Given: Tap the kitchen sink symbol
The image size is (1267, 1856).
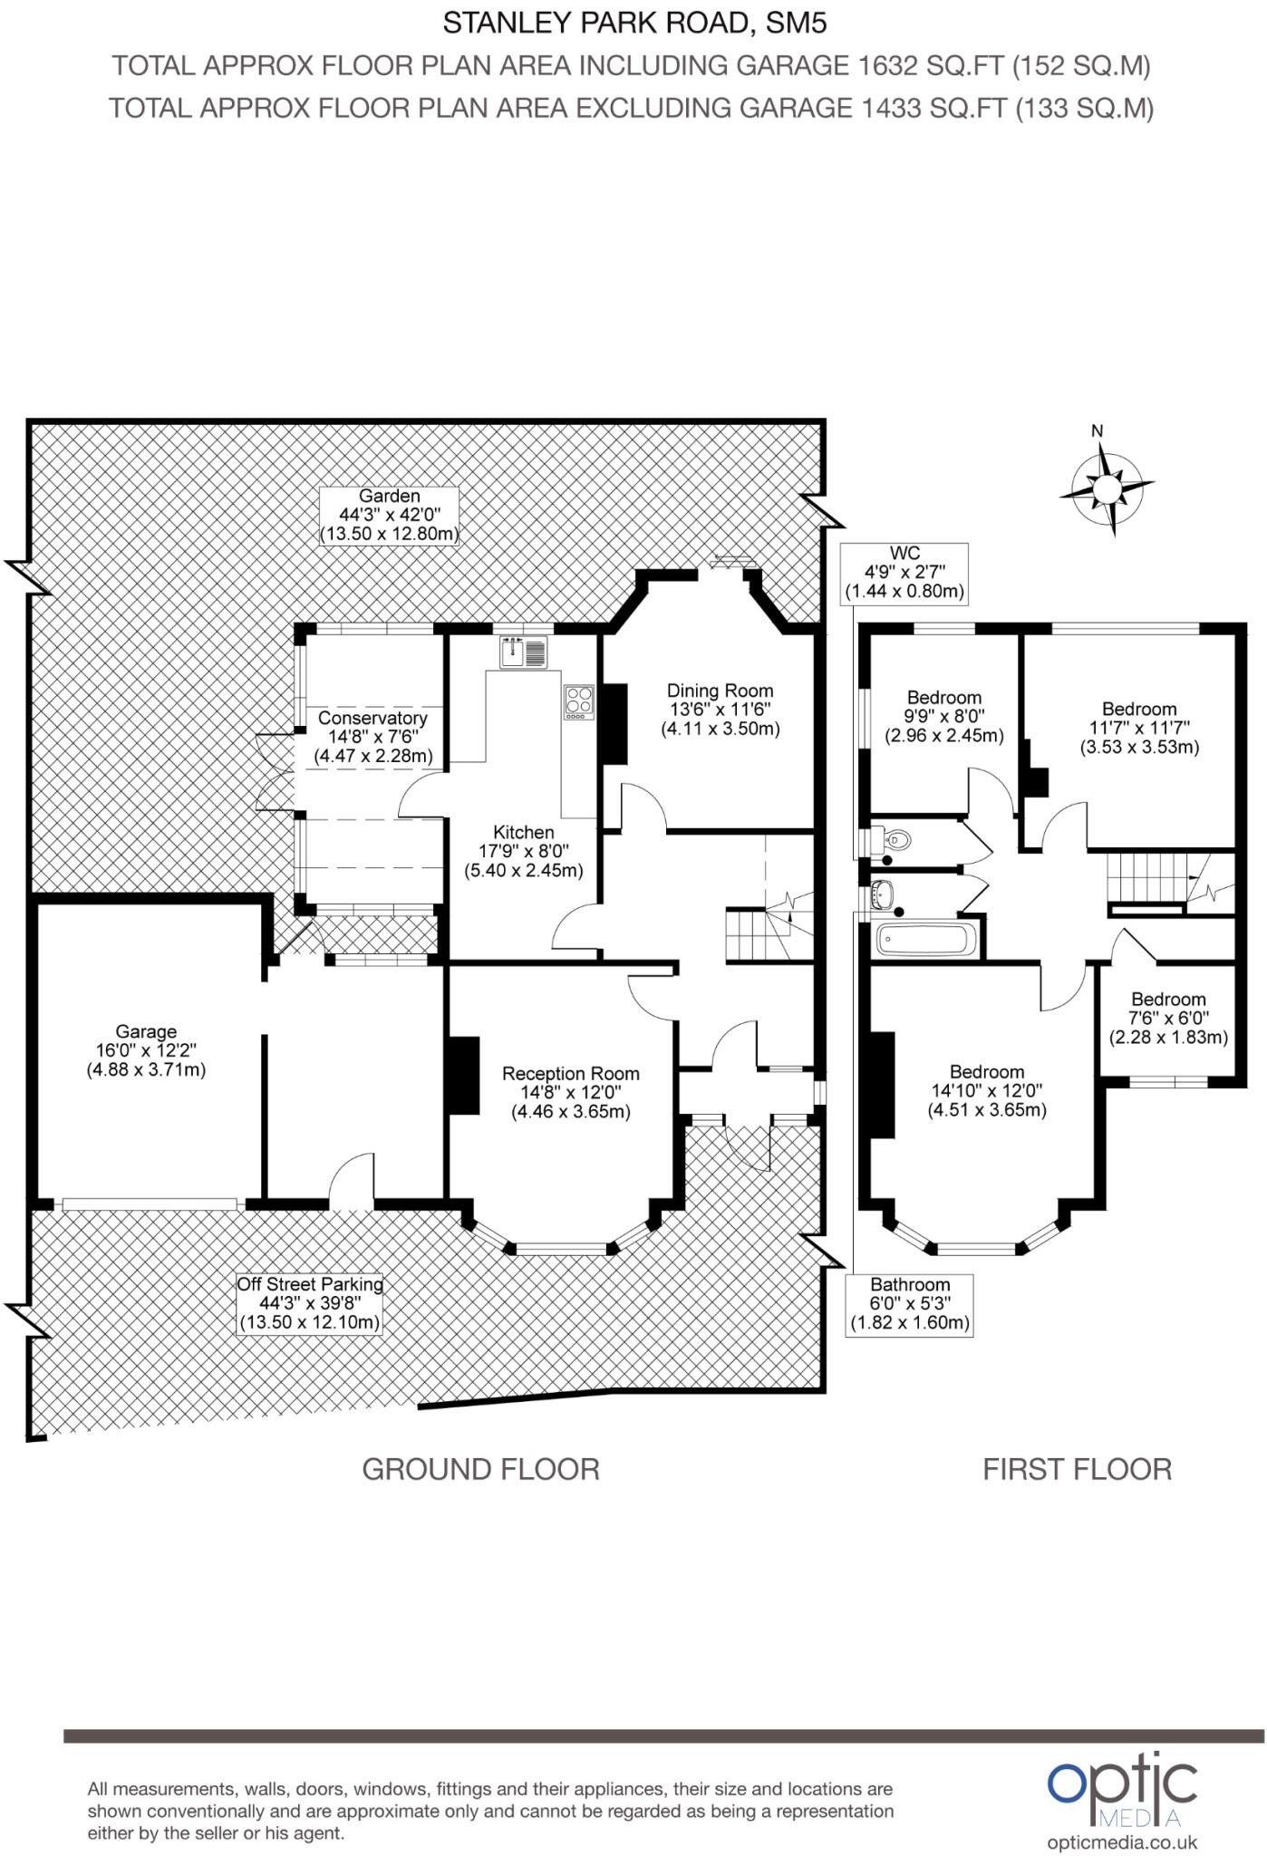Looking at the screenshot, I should (x=523, y=652).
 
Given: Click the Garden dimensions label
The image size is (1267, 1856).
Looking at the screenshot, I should (x=389, y=516).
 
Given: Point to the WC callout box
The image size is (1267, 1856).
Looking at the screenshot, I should (x=904, y=573).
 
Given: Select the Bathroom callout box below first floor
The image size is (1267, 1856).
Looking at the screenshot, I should (x=909, y=1303).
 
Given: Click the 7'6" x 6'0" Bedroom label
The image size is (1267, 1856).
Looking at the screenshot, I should (x=1167, y=1018).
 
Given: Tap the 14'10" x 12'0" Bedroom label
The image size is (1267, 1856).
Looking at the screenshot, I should (x=986, y=1090).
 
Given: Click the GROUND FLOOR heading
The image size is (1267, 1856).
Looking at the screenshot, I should (x=480, y=1469).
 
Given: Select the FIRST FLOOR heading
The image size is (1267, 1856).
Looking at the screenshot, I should (x=1077, y=1469).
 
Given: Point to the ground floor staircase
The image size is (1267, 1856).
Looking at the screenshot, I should (x=758, y=933).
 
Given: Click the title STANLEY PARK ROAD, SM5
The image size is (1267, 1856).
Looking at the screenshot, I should (x=633, y=23).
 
